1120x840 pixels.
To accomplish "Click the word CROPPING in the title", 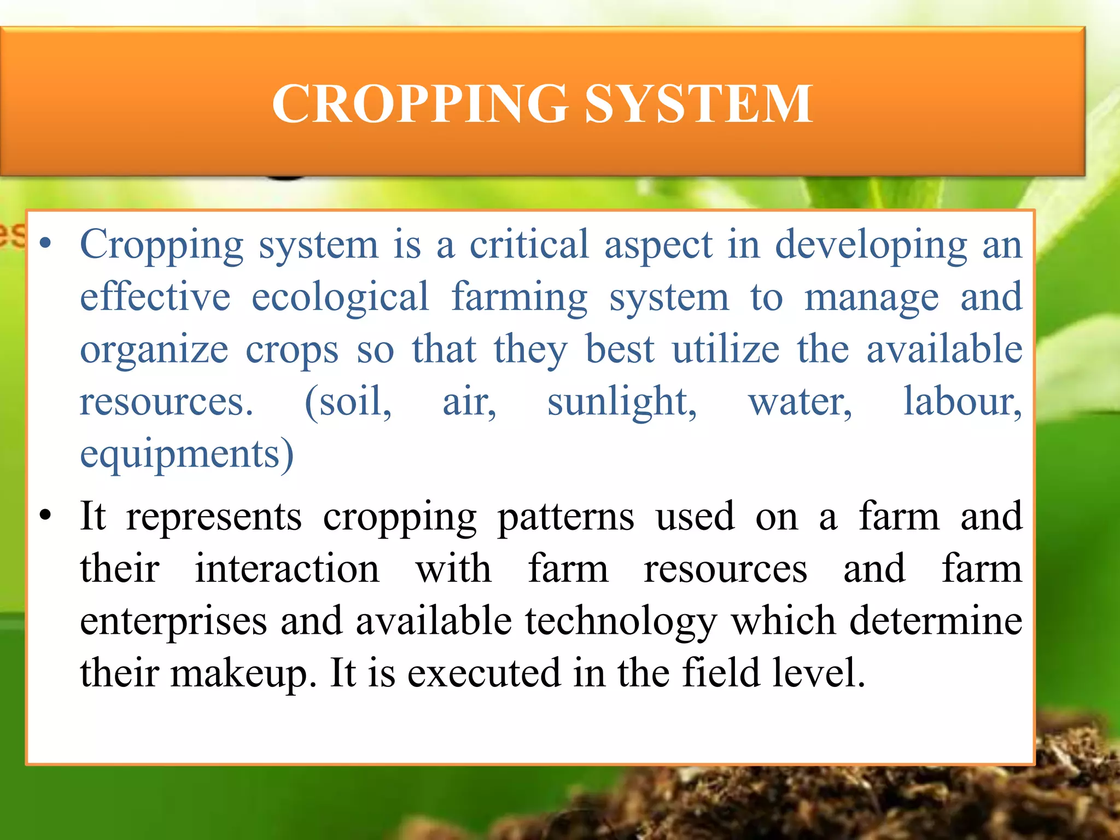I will [x=420, y=103].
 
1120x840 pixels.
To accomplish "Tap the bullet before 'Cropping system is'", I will [x=46, y=242].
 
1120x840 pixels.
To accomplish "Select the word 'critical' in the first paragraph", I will [x=529, y=244].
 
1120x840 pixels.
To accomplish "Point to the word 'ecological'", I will [x=340, y=297].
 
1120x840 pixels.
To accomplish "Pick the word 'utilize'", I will [x=726, y=349].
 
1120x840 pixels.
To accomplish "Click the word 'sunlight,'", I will [x=622, y=402].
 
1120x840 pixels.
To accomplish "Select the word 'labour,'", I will [x=962, y=402].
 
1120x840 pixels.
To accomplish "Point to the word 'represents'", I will [x=214, y=517].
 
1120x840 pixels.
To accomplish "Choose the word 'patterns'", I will [x=566, y=517].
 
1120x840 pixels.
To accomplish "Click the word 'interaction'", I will [x=287, y=569].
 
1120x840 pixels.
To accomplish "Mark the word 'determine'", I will [x=936, y=621].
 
